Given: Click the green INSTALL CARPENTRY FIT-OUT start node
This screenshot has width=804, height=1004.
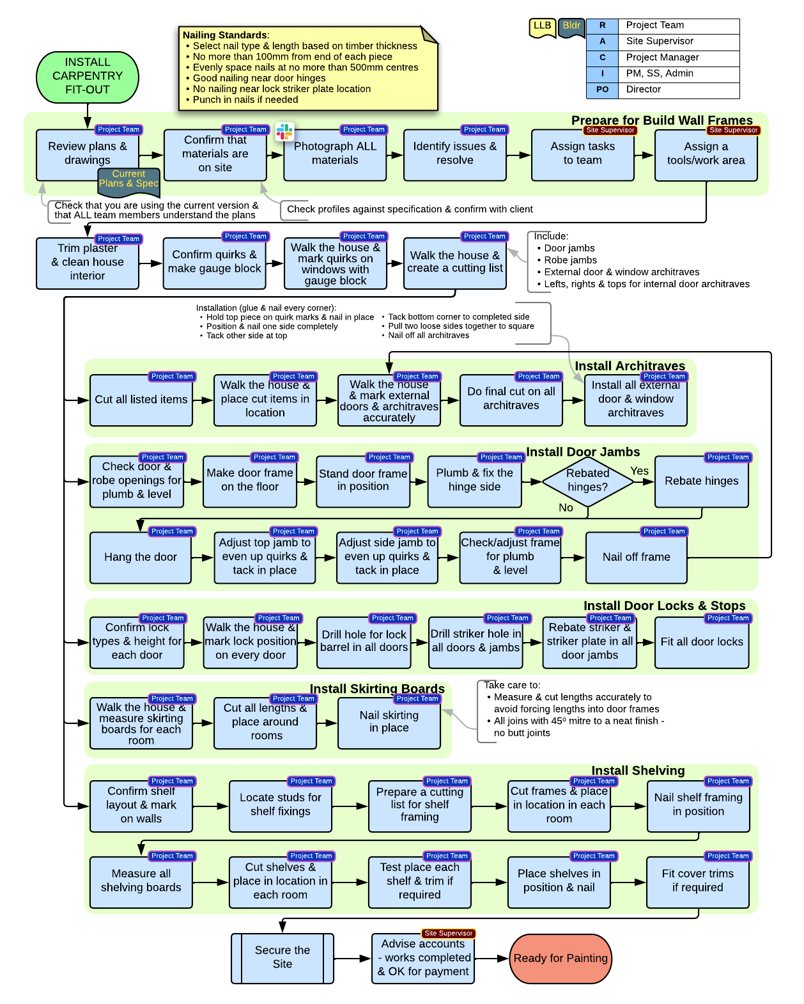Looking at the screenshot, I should [88, 76].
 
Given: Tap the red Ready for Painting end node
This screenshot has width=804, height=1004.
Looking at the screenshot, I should [560, 958].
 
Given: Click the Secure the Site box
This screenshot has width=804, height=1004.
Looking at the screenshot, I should [282, 957].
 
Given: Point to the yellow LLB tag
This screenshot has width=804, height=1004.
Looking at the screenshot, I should [542, 26].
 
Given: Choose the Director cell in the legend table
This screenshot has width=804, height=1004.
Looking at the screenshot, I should [678, 90].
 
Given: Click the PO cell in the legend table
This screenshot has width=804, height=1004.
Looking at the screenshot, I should [602, 90].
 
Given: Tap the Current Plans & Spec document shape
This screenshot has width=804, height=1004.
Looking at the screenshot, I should [128, 180].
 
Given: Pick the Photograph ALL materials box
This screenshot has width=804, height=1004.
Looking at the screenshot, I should [335, 154].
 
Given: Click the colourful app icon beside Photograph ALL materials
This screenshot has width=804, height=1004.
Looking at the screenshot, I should [284, 132].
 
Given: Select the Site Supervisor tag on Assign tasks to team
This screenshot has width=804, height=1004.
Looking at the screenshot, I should [610, 130].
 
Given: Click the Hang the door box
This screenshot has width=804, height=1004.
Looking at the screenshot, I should [141, 557].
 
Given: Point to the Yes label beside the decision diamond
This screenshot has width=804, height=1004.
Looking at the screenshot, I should [639, 471].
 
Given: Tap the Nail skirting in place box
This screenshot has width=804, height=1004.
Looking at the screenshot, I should [389, 722].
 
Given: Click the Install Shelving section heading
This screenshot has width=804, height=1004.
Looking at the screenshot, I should [637, 771].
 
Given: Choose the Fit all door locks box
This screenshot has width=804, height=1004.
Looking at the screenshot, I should [702, 642].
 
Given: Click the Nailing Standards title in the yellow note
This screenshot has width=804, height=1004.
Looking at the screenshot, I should [224, 35].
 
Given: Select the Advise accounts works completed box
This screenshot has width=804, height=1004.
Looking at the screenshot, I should [423, 957].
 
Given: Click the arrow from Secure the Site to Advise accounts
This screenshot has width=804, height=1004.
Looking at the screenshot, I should [352, 958].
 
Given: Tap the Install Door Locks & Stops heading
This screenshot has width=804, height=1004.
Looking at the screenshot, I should [664, 606].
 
